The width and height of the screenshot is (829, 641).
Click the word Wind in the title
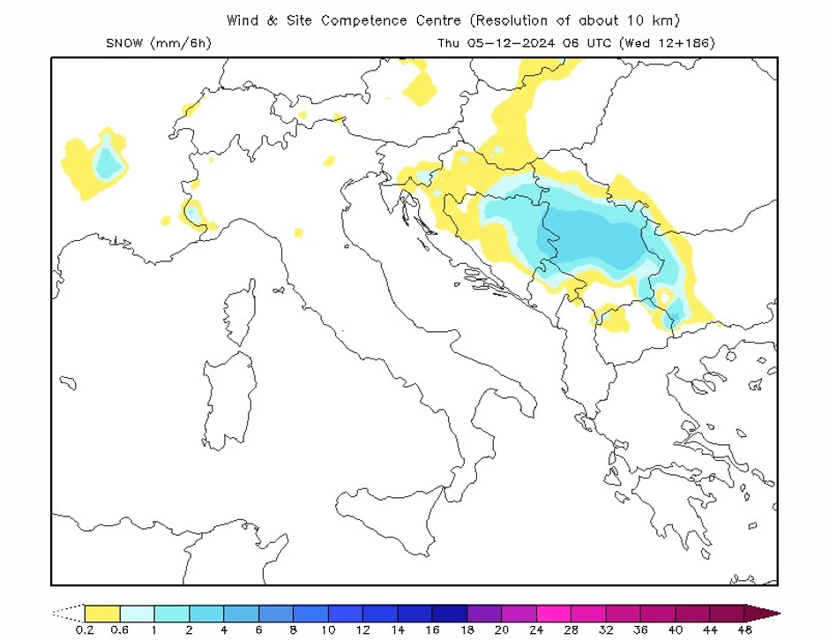243,20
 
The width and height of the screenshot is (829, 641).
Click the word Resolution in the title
512,20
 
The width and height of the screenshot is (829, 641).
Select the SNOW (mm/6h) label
158,42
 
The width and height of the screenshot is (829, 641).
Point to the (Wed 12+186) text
667,42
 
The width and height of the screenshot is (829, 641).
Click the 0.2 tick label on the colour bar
86,630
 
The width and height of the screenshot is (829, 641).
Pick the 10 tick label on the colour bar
328,630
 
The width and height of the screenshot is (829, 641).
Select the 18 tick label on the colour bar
467,630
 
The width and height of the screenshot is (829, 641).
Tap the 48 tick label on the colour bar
744,630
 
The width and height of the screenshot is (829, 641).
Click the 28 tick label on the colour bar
571,630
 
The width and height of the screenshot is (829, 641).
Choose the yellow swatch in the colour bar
102,613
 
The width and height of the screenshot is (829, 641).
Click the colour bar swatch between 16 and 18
449,613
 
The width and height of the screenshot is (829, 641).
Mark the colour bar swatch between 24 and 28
553,613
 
